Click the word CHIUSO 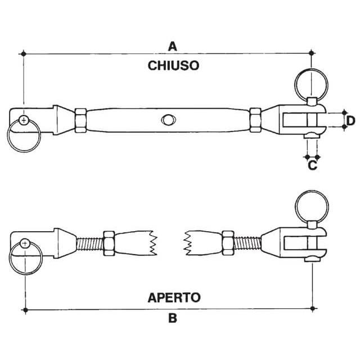[x=173, y=66]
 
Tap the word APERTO [x=174, y=297]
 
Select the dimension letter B [x=173, y=319]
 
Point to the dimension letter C [x=313, y=165]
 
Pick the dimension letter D [x=350, y=120]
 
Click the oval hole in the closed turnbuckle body [x=168, y=119]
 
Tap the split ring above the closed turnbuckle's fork [x=308, y=84]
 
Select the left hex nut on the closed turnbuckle [x=79, y=119]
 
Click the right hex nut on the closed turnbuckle [x=255, y=119]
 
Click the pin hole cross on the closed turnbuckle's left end [x=24, y=120]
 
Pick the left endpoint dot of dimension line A [x=24, y=54]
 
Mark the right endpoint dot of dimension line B [x=313, y=309]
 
